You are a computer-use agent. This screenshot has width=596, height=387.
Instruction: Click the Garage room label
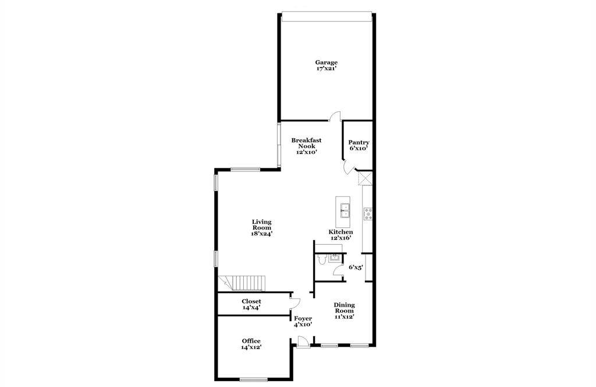tap(326, 62)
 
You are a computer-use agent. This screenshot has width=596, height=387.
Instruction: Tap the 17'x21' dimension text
tap(326, 69)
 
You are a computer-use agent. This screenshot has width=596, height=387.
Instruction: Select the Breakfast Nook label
tap(306, 143)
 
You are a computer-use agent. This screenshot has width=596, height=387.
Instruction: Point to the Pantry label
tap(359, 143)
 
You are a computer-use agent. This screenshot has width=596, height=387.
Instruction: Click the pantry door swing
tap(348, 168)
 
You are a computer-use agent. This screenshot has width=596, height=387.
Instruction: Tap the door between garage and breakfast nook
tap(334, 117)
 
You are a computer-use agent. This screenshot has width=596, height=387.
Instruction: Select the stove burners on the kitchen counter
tap(368, 214)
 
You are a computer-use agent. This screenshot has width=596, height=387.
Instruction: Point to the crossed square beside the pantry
tap(365, 178)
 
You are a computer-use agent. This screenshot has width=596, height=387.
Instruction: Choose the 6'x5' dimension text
tap(356, 268)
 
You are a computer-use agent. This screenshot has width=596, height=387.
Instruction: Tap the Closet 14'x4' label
tap(251, 304)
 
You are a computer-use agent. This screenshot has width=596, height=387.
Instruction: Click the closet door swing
tap(296, 302)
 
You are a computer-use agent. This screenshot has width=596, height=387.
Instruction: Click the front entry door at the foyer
tap(303, 342)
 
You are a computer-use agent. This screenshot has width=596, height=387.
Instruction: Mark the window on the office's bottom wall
tap(254, 379)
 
